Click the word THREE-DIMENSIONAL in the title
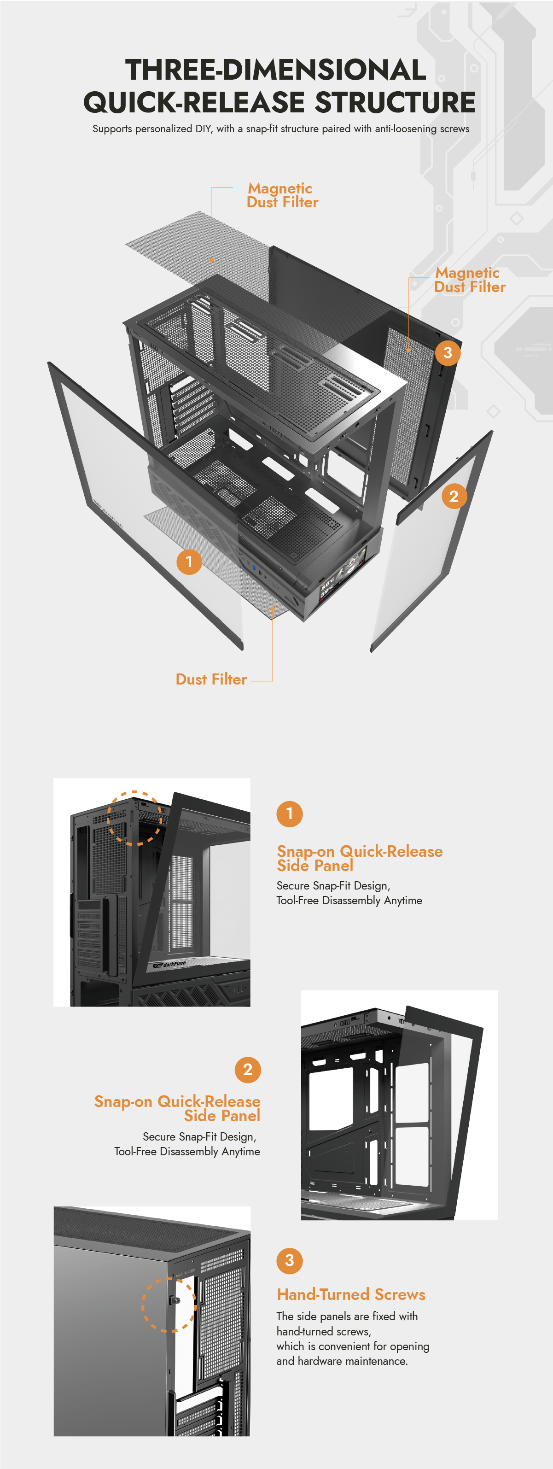coord(276,70)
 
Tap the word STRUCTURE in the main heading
coord(395,102)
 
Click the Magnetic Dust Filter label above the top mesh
coord(282,195)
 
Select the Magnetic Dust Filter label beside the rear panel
coord(470,280)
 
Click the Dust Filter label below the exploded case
coord(211,679)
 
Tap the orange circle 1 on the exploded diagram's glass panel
coord(189,562)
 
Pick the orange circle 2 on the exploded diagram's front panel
coord(454,496)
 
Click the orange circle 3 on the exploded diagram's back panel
coord(448,353)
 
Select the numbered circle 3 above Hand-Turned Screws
coord(290,1260)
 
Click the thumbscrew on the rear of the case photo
coord(175,1301)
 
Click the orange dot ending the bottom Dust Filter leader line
coord(273,609)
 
